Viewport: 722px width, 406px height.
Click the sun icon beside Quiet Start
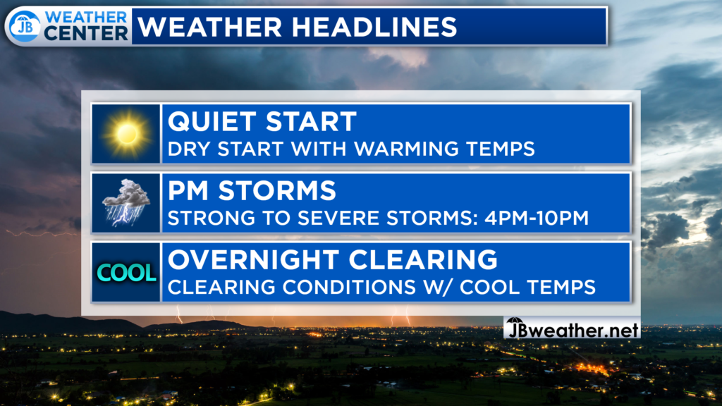click(x=126, y=133)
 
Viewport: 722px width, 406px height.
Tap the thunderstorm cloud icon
click(x=126, y=202)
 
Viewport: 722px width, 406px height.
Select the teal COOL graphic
click(x=126, y=273)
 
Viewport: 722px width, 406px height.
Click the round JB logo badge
click(x=25, y=26)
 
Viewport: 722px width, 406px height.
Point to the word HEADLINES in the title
click(x=374, y=27)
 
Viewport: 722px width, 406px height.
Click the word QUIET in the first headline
click(x=212, y=121)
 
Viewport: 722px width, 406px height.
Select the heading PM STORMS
click(x=252, y=190)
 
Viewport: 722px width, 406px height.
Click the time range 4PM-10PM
click(x=537, y=219)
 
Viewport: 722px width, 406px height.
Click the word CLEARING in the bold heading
click(x=423, y=259)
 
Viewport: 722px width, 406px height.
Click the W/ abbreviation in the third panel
click(x=438, y=288)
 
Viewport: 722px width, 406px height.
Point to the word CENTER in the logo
click(x=86, y=34)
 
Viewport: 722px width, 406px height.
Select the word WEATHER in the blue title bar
click(x=209, y=27)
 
